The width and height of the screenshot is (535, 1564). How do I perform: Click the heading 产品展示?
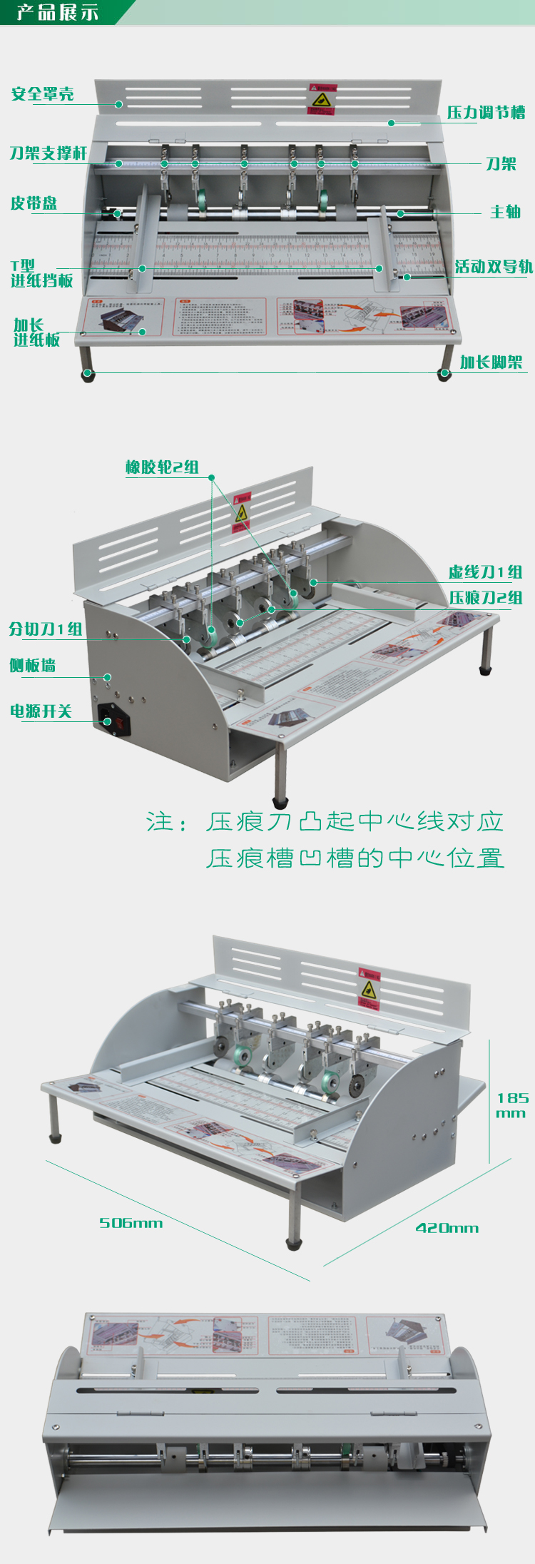pos(57,12)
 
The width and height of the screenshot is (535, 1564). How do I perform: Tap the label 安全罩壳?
pos(43,94)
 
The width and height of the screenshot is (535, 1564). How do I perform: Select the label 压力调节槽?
pos(486,113)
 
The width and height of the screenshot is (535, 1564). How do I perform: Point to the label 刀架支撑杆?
pos(49,153)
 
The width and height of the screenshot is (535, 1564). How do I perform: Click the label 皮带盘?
pos(34,203)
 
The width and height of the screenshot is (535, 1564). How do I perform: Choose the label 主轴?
pos(505,212)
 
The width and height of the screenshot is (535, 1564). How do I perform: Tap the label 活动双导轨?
pos(494,267)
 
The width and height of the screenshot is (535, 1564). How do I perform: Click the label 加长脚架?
pos(491,362)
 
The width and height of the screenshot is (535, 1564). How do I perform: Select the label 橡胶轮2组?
pos(162,467)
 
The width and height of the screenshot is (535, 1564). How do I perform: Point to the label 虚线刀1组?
pos(485,572)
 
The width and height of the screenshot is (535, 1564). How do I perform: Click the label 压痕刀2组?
pos(485,598)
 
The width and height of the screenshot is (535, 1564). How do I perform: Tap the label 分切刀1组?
pos(46,629)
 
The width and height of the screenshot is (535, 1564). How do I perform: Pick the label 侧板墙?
pos(33,666)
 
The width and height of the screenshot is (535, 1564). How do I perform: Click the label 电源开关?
pos(41,711)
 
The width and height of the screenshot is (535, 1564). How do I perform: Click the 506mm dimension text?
pos(131,1223)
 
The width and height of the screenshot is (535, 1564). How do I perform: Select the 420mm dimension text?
pos(447,1228)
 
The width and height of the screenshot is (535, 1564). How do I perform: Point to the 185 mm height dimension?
pos(512,1105)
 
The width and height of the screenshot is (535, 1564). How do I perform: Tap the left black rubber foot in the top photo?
pos(88,375)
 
